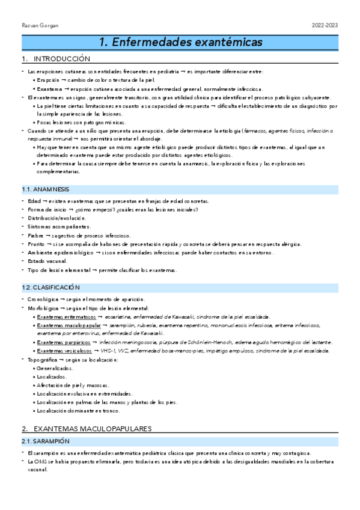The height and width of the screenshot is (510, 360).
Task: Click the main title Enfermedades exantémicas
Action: (180, 43)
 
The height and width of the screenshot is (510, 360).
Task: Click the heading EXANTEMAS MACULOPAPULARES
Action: (93, 429)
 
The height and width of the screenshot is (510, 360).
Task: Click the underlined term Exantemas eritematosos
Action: (66, 317)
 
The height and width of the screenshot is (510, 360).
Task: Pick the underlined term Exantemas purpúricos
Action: (64, 342)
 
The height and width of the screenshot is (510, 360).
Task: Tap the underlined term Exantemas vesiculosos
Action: (65, 351)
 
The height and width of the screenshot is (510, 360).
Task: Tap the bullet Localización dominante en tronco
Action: (79, 411)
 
